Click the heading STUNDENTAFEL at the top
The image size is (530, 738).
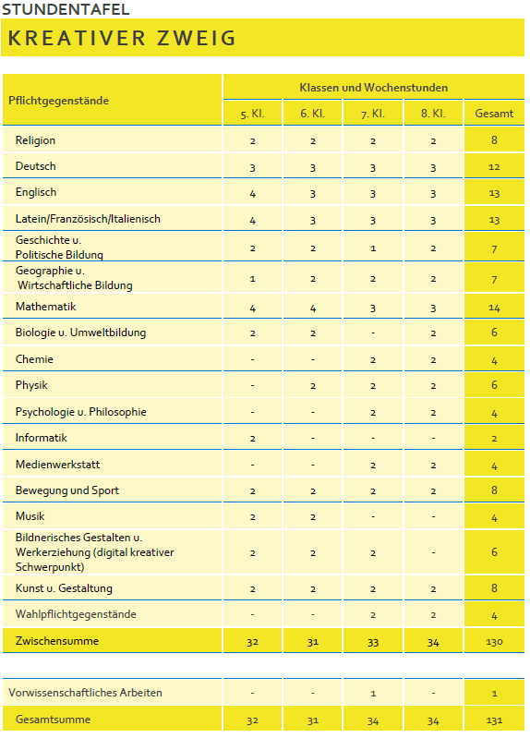tap(66, 10)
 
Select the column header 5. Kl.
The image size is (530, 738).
tap(252, 114)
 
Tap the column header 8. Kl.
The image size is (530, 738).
tap(433, 114)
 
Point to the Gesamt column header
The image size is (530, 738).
tap(494, 114)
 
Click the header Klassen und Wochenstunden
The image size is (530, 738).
tap(373, 88)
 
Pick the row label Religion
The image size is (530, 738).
tap(36, 140)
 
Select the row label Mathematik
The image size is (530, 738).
tap(45, 307)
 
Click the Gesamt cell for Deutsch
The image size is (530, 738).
tap(494, 167)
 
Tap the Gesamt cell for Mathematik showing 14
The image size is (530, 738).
tap(494, 308)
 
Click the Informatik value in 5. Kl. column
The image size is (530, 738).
tap(252, 439)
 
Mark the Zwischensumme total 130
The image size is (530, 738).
tap(494, 641)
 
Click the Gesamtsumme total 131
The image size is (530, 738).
tap(494, 720)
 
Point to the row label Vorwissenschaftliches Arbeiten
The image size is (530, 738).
tap(85, 693)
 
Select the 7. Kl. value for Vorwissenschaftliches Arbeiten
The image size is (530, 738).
tap(373, 693)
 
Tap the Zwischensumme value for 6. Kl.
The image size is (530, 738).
tap(313, 641)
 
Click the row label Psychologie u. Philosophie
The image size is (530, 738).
tap(81, 412)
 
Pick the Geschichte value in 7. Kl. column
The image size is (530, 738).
tap(373, 248)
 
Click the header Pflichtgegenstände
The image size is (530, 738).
tap(59, 101)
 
